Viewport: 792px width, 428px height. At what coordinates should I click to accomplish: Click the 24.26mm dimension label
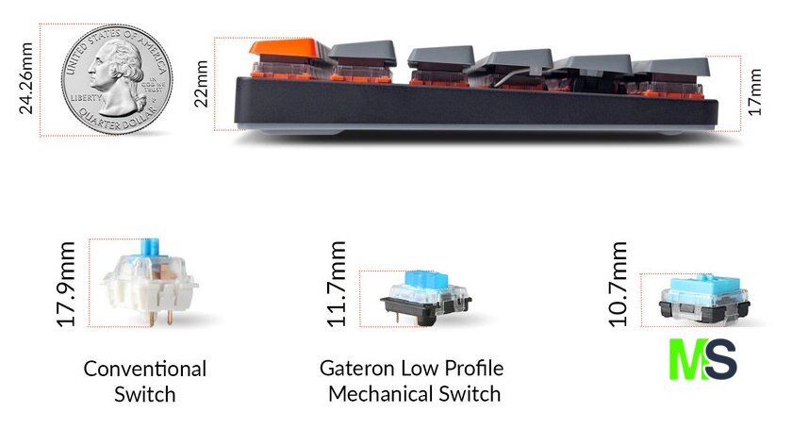(x=25, y=79)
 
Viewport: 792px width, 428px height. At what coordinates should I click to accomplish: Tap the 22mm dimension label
(x=201, y=84)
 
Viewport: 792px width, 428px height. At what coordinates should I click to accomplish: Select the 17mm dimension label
(x=753, y=92)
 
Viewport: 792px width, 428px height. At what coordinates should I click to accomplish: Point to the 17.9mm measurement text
(x=66, y=284)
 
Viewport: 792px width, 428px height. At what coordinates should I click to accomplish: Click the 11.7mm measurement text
(x=337, y=284)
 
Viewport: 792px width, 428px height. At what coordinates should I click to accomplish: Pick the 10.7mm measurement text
(x=618, y=284)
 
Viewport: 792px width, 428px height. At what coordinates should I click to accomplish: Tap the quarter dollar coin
(x=117, y=79)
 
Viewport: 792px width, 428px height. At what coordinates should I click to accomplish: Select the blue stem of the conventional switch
(x=151, y=247)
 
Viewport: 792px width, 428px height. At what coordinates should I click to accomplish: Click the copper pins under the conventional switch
(x=159, y=318)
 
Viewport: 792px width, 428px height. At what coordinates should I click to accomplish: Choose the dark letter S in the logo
(x=719, y=359)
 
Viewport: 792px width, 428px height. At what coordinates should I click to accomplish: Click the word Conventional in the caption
(x=145, y=369)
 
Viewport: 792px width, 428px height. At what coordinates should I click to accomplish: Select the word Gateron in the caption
(x=356, y=369)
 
